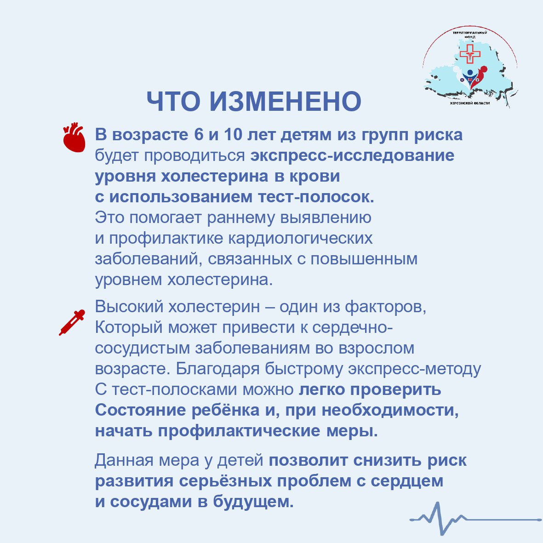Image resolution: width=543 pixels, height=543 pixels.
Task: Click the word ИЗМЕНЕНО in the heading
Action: coord(286,101)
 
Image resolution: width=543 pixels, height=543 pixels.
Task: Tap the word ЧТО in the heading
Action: coord(173,101)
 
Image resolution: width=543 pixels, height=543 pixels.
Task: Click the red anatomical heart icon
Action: coord(74,137)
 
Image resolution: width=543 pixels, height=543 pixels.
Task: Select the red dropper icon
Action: coord(72,322)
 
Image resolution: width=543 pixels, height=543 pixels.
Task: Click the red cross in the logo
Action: coord(470,54)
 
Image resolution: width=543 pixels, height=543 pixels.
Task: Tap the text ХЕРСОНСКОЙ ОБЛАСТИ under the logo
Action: coord(469,103)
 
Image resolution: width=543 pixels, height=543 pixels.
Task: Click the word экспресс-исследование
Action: coord(353,155)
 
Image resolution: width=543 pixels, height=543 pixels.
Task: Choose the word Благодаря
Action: coord(217,369)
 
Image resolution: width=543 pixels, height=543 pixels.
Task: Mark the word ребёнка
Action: coord(225,410)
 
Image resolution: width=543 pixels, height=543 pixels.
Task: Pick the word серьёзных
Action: coord(225,481)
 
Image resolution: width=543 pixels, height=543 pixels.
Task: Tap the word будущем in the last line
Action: coord(253,502)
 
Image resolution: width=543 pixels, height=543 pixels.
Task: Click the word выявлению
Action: coord(326,217)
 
